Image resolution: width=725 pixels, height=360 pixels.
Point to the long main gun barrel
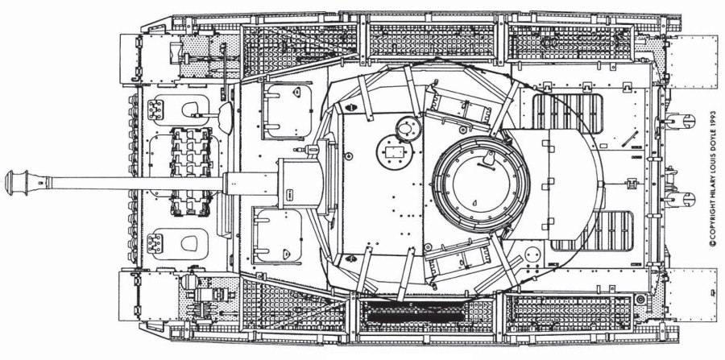click(x=121, y=179)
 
